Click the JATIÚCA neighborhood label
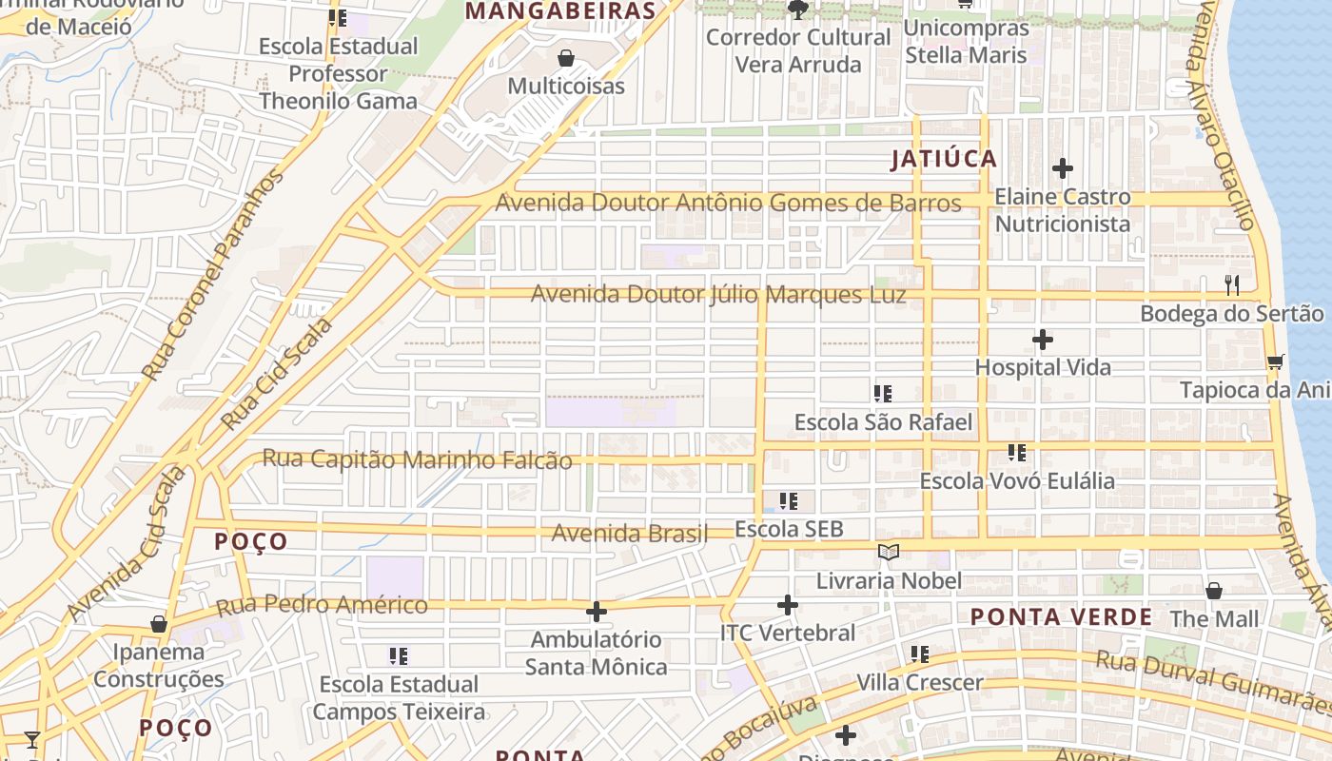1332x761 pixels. [944, 159]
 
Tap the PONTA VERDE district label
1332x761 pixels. [1061, 616]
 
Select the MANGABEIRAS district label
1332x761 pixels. [561, 11]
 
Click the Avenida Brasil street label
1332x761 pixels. [630, 534]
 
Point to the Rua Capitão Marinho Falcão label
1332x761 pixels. [417, 459]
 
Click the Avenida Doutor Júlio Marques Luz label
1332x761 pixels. [718, 295]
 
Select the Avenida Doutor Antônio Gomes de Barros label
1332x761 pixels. [728, 203]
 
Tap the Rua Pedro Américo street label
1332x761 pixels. [322, 605]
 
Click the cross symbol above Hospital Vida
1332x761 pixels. [1043, 340]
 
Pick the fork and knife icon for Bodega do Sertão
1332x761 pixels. [1232, 284]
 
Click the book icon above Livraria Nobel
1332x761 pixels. [889, 553]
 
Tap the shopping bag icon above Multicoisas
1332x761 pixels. [566, 59]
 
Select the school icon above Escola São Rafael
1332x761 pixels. [883, 394]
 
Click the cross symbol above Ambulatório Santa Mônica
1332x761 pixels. [597, 612]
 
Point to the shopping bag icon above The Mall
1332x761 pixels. [1214, 592]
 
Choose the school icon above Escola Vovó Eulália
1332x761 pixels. [1017, 453]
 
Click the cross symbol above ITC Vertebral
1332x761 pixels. [788, 605]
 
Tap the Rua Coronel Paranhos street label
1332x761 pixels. [214, 276]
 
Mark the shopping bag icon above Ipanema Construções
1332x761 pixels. [159, 625]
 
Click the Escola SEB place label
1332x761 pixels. [790, 529]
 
